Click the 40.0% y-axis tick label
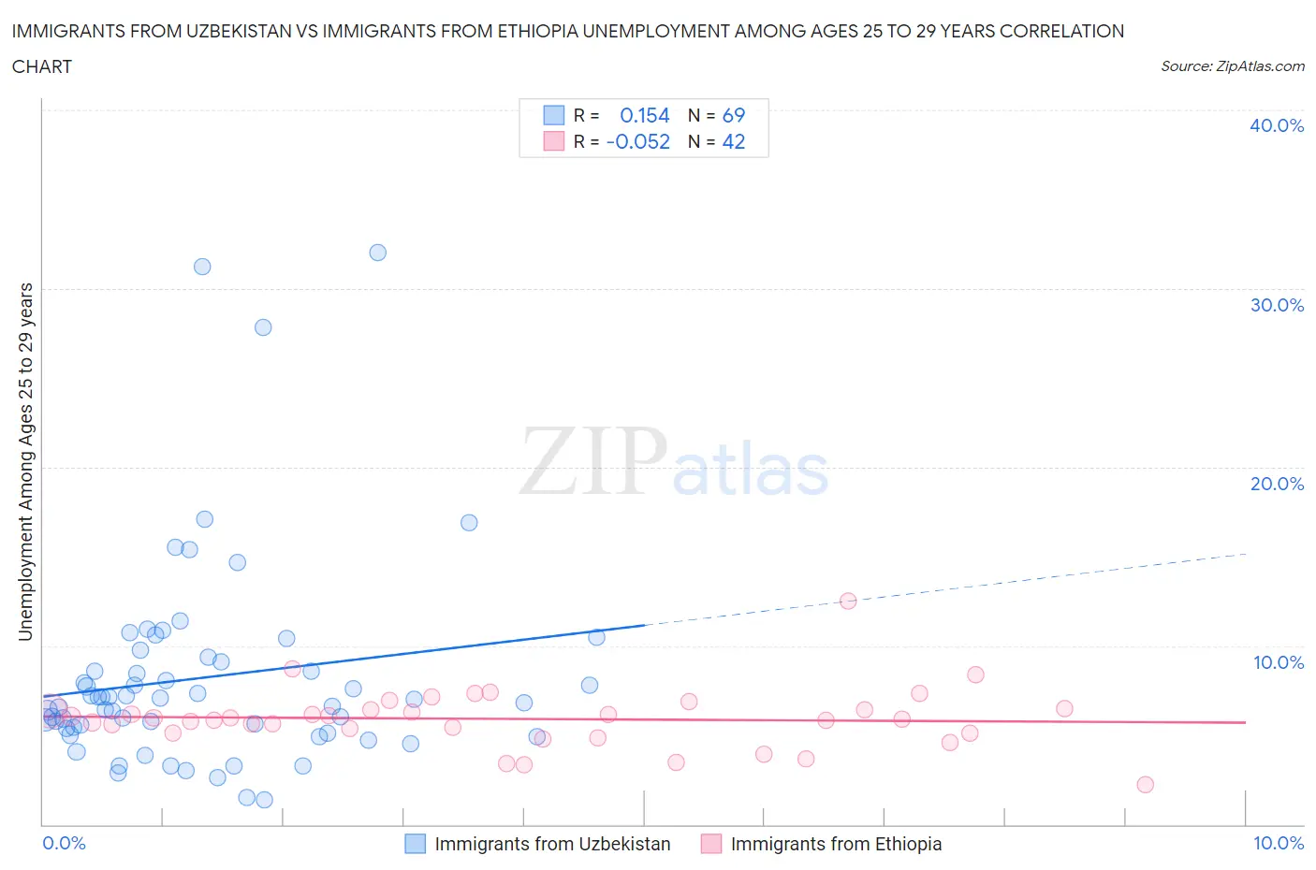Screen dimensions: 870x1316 (x=1276, y=125)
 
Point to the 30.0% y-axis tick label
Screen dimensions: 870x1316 (x=1276, y=305)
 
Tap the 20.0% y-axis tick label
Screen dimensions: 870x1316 (x=1276, y=484)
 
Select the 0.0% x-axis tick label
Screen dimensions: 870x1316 (x=64, y=843)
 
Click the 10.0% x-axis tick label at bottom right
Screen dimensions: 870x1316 (x=1278, y=843)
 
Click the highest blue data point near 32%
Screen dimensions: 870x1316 (x=377, y=253)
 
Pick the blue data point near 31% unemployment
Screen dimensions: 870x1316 (x=202, y=267)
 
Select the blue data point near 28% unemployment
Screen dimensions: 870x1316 (x=263, y=327)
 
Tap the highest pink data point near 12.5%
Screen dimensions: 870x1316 (x=848, y=601)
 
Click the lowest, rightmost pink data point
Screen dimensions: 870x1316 (x=1145, y=785)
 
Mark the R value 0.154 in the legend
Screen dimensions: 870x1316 (x=645, y=115)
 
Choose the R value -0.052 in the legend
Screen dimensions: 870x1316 (x=638, y=141)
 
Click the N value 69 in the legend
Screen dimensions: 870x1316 (x=733, y=115)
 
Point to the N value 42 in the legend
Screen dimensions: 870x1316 (x=733, y=141)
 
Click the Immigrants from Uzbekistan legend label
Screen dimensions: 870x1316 (x=552, y=844)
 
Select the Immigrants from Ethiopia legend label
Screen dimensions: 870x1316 (x=836, y=844)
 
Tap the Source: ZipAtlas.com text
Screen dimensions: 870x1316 (x=1232, y=66)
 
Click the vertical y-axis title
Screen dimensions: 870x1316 (x=25, y=461)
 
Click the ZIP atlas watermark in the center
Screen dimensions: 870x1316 (x=674, y=461)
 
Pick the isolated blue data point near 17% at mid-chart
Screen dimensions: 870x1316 (x=469, y=523)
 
